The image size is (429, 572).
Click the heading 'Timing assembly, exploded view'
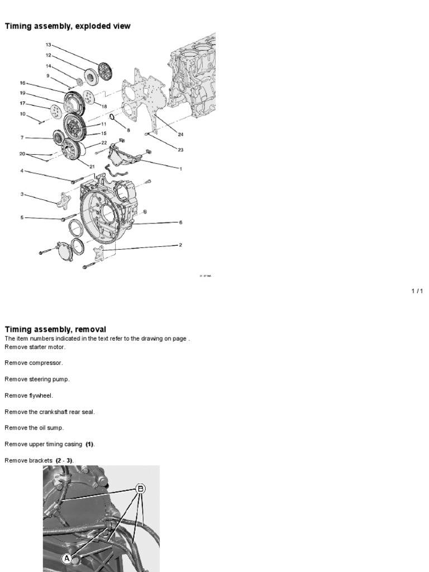68,26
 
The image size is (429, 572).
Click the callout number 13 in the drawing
48,45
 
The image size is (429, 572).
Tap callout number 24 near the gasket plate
181,135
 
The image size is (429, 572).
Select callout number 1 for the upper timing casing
180,169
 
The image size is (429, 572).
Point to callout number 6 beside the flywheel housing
180,222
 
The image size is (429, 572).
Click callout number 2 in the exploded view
180,245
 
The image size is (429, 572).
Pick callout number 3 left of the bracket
22,194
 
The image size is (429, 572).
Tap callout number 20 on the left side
22,154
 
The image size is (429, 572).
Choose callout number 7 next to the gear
22,137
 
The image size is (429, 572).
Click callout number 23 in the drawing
181,150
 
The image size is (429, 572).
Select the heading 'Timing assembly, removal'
55,330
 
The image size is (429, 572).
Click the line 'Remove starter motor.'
35,347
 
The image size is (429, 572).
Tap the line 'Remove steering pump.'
37,379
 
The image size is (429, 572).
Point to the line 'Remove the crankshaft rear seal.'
50,412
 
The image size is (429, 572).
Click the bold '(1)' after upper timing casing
90,444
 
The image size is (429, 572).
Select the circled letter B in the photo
140,489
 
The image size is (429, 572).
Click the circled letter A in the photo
66,558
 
